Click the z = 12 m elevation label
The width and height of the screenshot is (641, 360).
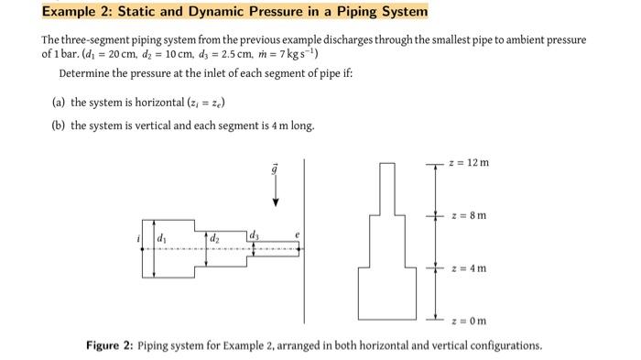pyautogui.click(x=469, y=163)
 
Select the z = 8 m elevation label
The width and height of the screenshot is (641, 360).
pyautogui.click(x=469, y=215)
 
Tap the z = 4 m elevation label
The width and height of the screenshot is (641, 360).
pyautogui.click(x=469, y=268)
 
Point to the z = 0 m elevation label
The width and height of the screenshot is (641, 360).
pyautogui.click(x=469, y=321)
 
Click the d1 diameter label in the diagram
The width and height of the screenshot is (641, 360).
pyautogui.click(x=162, y=237)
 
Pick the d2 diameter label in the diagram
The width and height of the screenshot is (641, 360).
pyautogui.click(x=214, y=238)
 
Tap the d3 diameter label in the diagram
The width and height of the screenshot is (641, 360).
pyautogui.click(x=254, y=235)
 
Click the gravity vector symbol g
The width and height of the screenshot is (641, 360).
pyautogui.click(x=275, y=169)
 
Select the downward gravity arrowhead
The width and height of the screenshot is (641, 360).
pyautogui.click(x=276, y=202)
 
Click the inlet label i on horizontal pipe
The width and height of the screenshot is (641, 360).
pyautogui.click(x=138, y=238)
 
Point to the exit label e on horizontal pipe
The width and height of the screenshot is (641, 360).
pyautogui.click(x=298, y=235)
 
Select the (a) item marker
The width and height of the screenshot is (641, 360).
pyautogui.click(x=59, y=103)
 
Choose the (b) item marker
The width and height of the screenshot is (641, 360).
pyautogui.click(x=59, y=125)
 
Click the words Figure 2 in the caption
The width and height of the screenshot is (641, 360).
pyautogui.click(x=109, y=345)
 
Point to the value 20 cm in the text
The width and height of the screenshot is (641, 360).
pyautogui.click(x=122, y=54)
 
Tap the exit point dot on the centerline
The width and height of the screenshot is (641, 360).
pyautogui.click(x=299, y=249)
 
